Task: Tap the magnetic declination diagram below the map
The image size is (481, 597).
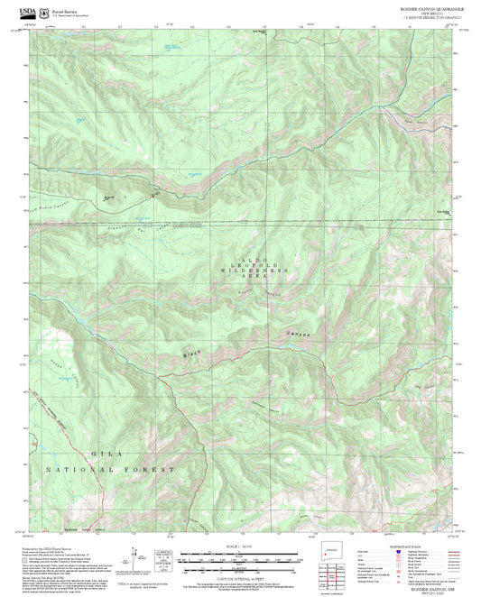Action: click(x=135, y=559)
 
